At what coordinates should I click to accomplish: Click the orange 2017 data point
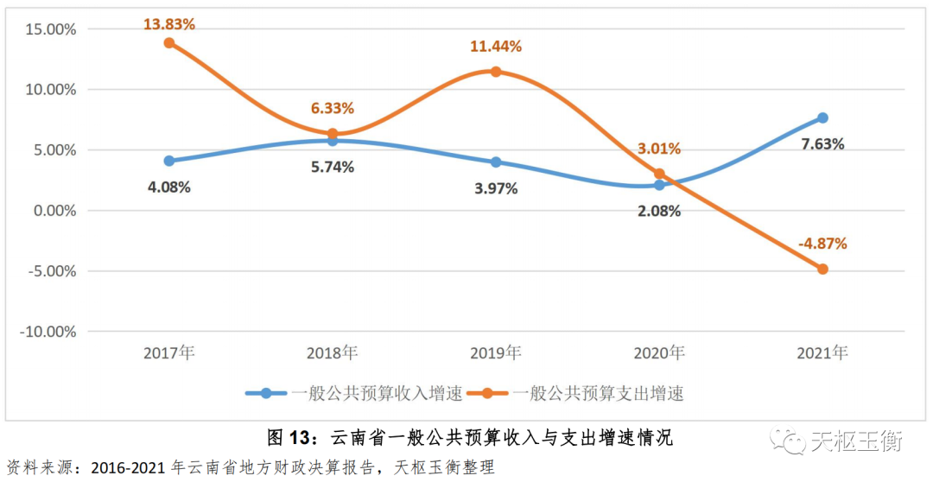click(169, 43)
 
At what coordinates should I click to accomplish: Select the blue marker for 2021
click(822, 117)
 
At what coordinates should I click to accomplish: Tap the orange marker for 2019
click(496, 72)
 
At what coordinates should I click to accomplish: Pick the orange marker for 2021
click(822, 269)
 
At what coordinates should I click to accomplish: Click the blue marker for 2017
click(169, 161)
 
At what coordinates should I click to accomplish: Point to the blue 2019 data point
click(496, 162)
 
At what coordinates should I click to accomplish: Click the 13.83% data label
click(169, 24)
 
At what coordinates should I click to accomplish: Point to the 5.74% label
click(332, 168)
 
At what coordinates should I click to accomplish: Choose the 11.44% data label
click(496, 47)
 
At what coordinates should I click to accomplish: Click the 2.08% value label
click(658, 211)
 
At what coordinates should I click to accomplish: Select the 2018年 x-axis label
click(332, 352)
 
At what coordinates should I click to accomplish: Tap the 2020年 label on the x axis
click(658, 352)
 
